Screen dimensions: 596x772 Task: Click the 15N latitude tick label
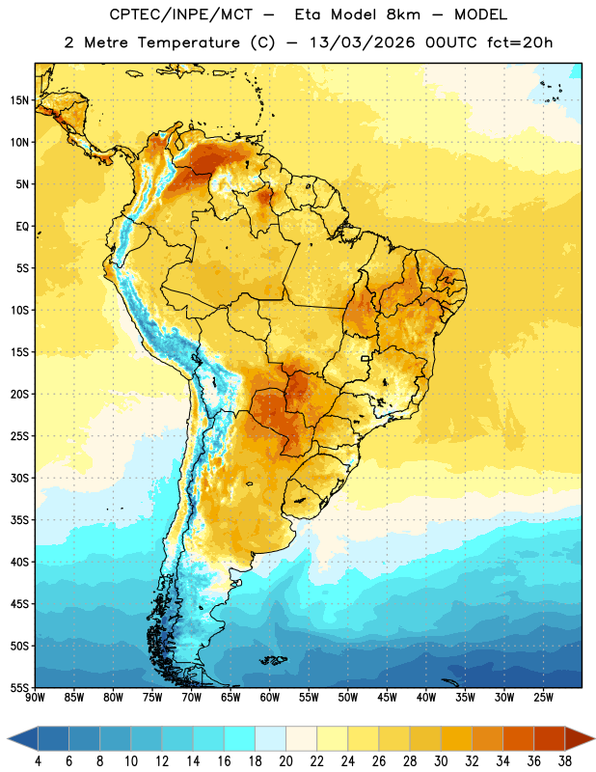coord(19,100)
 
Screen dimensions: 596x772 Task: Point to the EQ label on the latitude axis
coord(22,227)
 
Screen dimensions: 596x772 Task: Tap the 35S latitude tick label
coord(19,520)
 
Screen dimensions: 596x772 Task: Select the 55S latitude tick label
coord(19,687)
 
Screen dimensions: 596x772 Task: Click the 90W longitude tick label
coord(36,697)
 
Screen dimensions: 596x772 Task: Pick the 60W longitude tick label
coord(270,697)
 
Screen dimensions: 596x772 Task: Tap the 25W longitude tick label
coord(543,697)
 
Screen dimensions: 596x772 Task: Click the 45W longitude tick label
coord(387,697)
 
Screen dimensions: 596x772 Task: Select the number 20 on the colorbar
coord(285,761)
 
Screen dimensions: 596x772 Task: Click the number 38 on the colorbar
coord(565,761)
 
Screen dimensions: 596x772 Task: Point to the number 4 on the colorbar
coord(38,761)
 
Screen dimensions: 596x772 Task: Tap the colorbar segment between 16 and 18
coord(239,738)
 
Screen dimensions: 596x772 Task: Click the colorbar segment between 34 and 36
coord(518,738)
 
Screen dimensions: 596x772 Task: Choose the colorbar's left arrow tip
coord(8,738)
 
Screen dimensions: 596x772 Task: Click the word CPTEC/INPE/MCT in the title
coord(181,14)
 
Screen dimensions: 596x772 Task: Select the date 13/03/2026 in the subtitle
coord(363,42)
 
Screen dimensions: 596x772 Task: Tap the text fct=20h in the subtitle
coord(520,42)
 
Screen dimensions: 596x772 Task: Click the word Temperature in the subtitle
coord(188,42)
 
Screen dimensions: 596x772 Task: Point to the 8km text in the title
coord(403,14)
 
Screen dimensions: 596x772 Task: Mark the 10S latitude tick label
coord(19,310)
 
